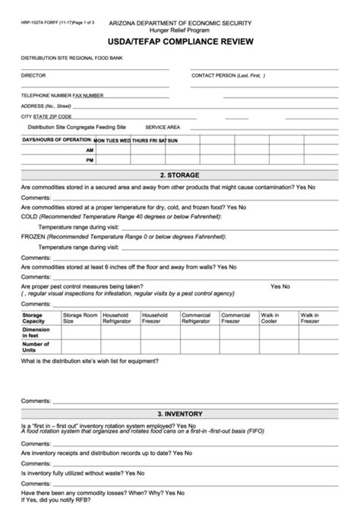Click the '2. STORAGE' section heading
(180, 174)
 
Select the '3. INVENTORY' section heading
(180, 414)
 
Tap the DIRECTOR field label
(33, 76)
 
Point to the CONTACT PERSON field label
(228, 76)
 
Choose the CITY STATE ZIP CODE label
(46, 116)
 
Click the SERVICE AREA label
(163, 127)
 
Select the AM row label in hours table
(90, 150)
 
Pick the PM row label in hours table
(90, 160)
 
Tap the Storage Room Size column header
(80, 317)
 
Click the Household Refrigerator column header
(119, 317)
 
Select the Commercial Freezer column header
(235, 317)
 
